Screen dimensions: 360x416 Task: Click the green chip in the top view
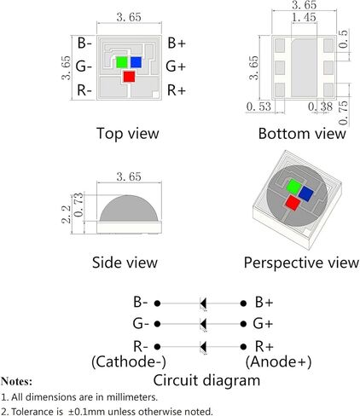coord(122,62)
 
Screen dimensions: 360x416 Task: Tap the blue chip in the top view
coord(136,62)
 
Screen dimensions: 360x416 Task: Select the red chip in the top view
coord(129,77)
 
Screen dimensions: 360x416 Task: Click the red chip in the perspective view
coord(293,203)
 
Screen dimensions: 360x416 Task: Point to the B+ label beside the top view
coord(177,43)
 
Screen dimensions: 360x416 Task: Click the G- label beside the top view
coord(84,66)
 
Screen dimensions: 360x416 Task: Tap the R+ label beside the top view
coord(177,90)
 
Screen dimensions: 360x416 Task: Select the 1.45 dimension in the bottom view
coord(304,17)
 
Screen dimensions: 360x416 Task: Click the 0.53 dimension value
coord(258,107)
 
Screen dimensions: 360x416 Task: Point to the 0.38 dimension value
coord(321,107)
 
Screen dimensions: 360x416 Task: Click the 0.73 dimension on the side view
coord(79,205)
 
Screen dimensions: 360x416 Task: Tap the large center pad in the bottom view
coord(304,67)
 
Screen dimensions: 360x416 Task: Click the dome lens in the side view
coord(129,209)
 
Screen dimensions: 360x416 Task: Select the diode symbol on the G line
coord(203,324)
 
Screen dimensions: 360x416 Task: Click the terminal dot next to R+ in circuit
coord(243,347)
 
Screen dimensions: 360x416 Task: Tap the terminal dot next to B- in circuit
coord(157,303)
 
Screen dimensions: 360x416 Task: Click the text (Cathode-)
coord(129,361)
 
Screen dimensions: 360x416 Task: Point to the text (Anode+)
coord(278,361)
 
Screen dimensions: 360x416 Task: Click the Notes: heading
coord(16,381)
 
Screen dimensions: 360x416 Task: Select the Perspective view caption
coord(301,263)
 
